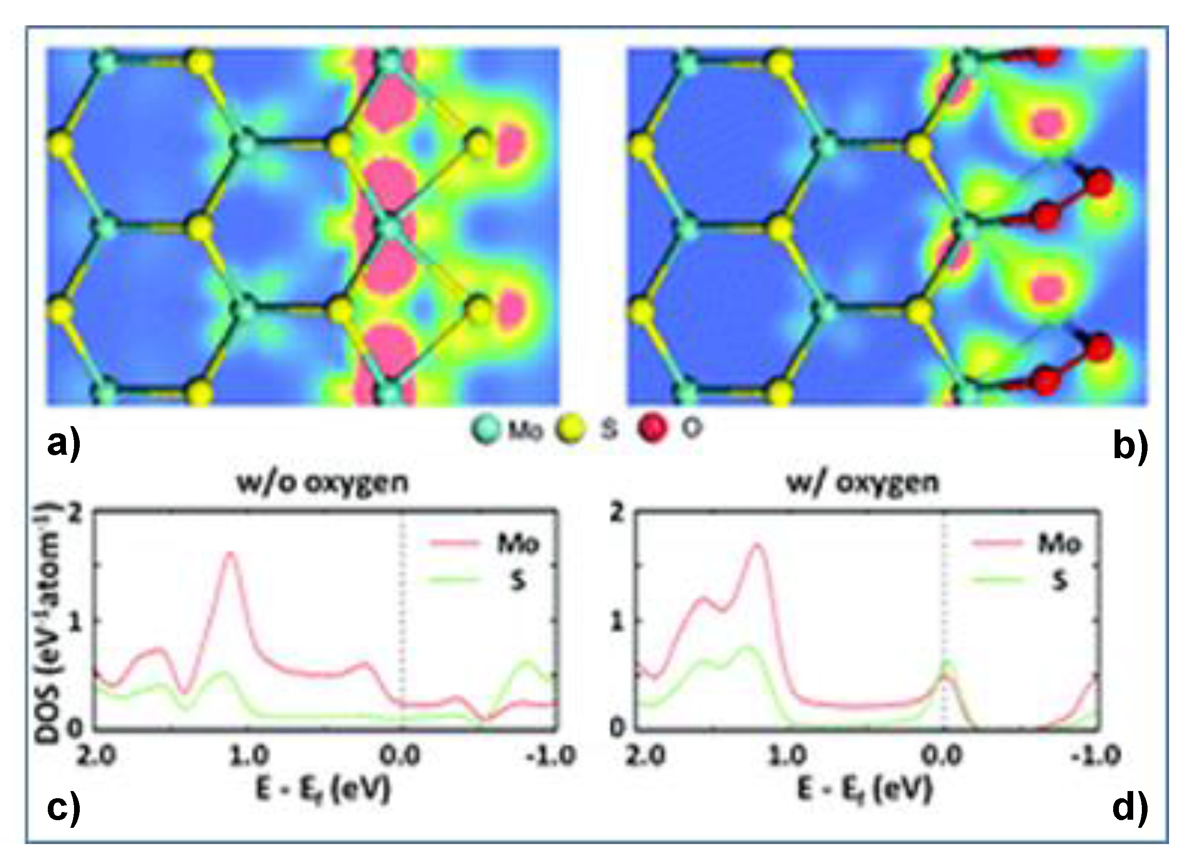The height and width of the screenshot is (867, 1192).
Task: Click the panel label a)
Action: pos(63,445)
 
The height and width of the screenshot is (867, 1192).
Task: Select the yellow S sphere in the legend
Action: pos(570,430)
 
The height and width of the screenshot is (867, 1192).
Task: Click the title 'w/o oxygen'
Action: pos(322,482)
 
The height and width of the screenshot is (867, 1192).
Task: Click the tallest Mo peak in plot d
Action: pos(757,545)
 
